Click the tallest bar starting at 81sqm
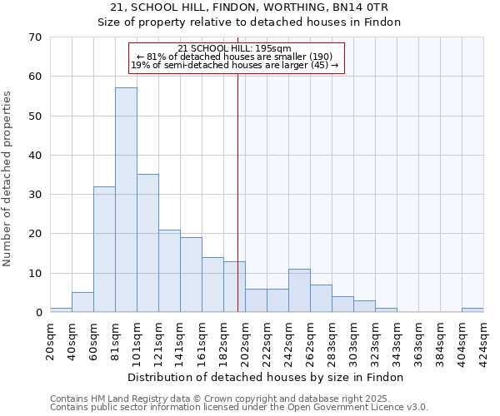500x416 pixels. [126, 200]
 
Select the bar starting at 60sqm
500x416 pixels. [104, 250]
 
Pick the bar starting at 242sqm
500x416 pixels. [299, 290]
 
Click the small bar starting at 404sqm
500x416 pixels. [472, 310]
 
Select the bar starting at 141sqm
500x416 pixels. [191, 275]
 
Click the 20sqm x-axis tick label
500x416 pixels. [51, 339]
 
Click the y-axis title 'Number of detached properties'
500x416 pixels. [7, 179]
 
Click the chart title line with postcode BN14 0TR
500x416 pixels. [249, 7]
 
